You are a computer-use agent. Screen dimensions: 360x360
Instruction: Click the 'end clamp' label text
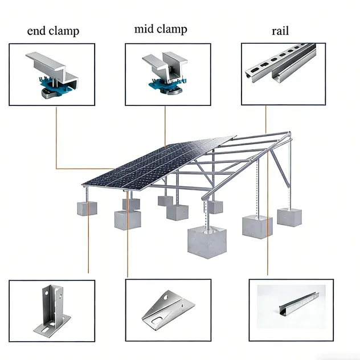(52, 31)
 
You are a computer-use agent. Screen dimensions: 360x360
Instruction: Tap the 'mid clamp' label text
(161, 29)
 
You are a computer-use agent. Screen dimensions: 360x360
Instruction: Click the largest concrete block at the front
(207, 242)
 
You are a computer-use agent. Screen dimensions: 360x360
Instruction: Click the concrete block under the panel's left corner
(87, 208)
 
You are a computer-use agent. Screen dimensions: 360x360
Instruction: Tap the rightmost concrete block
(289, 217)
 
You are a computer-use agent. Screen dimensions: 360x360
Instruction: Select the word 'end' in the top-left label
(36, 31)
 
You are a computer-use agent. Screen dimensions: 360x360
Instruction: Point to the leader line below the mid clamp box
(165, 125)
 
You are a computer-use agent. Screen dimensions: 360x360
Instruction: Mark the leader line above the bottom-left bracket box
(88, 245)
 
